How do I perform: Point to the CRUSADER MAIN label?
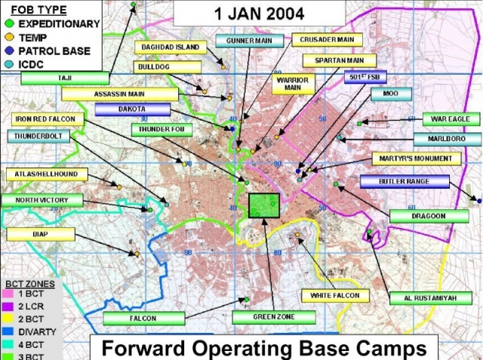[x=325, y=39]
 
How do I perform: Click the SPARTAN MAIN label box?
[x=334, y=60]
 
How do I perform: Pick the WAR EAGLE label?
[x=451, y=119]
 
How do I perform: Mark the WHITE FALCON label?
[x=334, y=295]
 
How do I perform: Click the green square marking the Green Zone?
[x=264, y=205]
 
